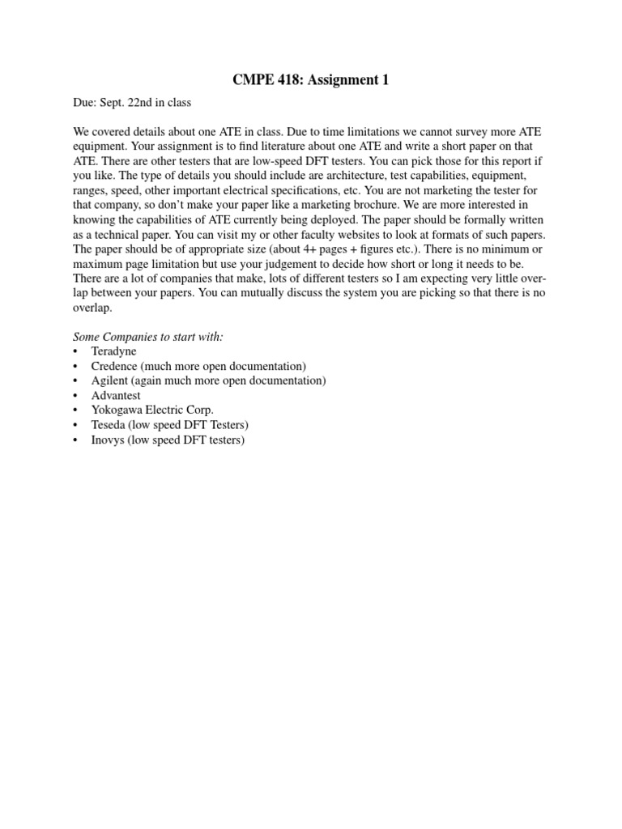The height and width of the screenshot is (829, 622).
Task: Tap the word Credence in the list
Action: [x=114, y=366]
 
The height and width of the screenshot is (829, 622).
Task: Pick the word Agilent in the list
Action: [x=111, y=380]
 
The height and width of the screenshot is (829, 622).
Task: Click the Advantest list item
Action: [x=116, y=396]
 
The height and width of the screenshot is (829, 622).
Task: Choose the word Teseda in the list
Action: [x=109, y=425]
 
